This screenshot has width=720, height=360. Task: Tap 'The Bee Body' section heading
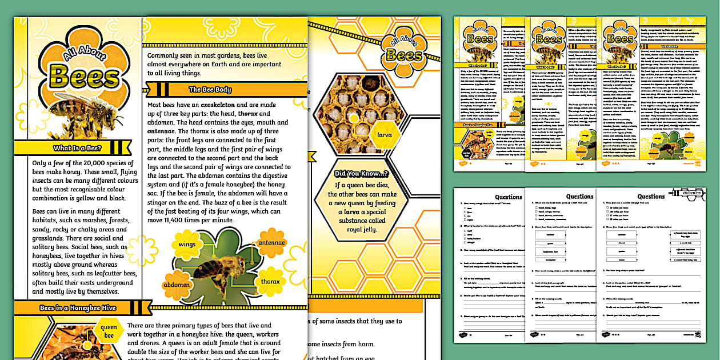(x=210, y=89)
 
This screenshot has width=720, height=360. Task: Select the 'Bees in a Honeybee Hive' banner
(x=78, y=308)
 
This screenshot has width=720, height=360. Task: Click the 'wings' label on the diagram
(x=187, y=244)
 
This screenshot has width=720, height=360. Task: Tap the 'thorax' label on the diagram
(x=270, y=281)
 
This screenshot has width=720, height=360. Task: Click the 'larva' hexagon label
(x=381, y=135)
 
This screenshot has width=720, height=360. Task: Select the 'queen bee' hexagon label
(x=109, y=332)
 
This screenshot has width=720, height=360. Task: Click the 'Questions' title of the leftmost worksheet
(x=508, y=197)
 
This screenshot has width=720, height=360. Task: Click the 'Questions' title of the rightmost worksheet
(x=651, y=197)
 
